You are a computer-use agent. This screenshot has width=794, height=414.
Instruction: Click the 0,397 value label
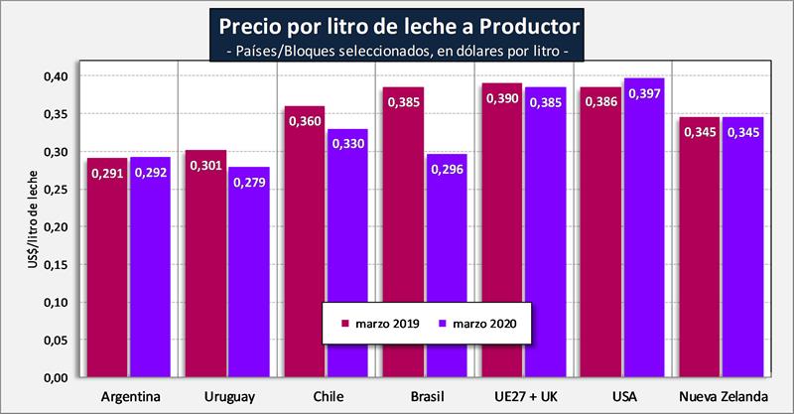point(644,93)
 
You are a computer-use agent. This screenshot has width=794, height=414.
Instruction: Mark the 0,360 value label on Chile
point(305,121)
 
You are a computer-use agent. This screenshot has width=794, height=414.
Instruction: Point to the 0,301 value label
point(206,166)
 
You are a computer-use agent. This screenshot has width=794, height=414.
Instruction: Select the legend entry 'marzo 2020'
point(482,322)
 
